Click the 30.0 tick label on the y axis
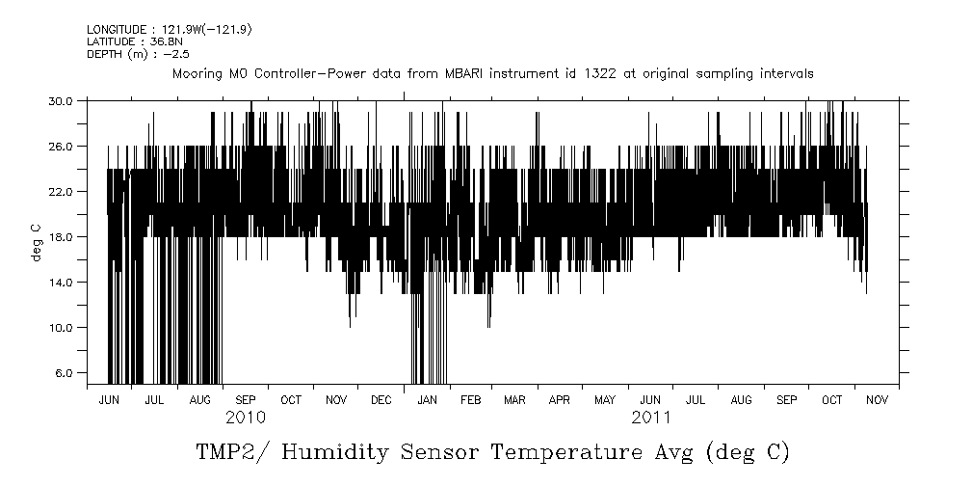[63, 100]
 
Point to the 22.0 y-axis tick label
[63, 191]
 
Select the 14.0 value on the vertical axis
[63, 282]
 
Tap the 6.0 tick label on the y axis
[66, 372]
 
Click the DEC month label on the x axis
[381, 399]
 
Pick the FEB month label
[470, 399]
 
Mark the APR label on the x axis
[560, 399]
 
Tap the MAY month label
[605, 399]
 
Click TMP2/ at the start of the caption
[230, 452]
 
